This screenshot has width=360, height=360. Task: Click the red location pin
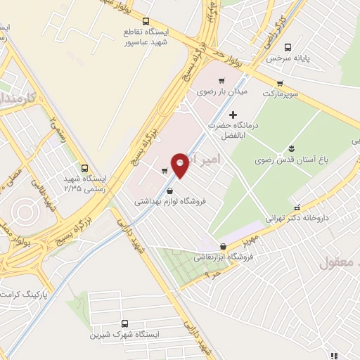[x=180, y=165]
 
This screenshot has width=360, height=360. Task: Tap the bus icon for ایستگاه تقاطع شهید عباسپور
[x=146, y=22]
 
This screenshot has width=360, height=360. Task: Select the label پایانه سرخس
[x=288, y=57]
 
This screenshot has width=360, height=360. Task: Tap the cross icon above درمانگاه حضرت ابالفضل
[x=233, y=114]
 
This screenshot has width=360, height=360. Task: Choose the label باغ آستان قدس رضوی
[x=288, y=160]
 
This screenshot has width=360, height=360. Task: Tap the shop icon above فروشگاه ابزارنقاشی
[x=224, y=246]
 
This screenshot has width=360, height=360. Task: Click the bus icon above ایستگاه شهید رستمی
[x=84, y=168]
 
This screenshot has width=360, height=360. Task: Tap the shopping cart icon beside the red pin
[x=165, y=170]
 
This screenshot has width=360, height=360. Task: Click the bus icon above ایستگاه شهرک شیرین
[x=125, y=323]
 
